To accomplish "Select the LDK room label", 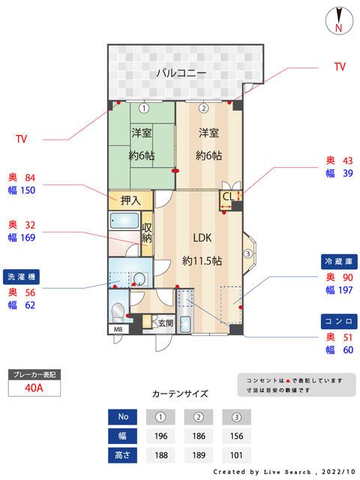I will click(202, 238).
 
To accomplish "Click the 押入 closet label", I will click(130, 200).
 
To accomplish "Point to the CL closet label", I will click(227, 197).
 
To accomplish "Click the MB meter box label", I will click(117, 329).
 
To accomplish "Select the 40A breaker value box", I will click(33, 388).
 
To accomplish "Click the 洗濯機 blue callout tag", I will click(21, 276).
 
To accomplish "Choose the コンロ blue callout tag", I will click(337, 320).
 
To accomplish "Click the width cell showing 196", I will click(160, 434).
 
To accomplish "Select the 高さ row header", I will click(123, 454).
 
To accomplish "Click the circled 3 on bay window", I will click(248, 253).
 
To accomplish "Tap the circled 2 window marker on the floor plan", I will click(202, 108).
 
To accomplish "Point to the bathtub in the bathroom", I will click(124, 223).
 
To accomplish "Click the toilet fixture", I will click(117, 311).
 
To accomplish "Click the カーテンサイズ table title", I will click(180, 393).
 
